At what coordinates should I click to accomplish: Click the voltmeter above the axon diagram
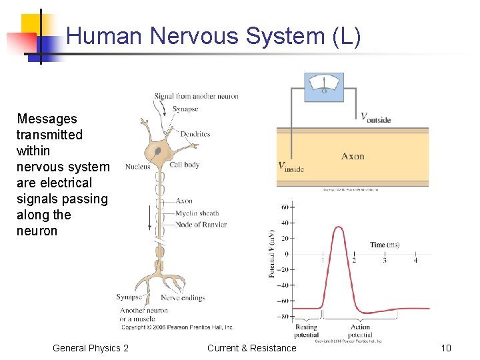click(324, 86)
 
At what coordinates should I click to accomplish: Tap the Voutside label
click(375, 118)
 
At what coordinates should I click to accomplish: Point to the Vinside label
click(291, 167)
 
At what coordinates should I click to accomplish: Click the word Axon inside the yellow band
click(353, 156)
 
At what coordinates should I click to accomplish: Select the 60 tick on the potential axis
click(285, 207)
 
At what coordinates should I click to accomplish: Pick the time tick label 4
click(415, 260)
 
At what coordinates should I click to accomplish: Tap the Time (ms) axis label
click(385, 245)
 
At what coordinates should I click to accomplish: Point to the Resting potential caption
click(306, 331)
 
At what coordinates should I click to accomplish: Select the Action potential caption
click(360, 331)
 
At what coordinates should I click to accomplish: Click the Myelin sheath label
click(197, 213)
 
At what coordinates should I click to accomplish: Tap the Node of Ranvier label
click(201, 225)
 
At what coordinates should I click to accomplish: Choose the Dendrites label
click(195, 134)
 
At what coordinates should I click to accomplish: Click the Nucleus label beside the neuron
click(137, 167)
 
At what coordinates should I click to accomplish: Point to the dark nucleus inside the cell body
click(158, 152)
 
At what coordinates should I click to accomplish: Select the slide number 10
click(446, 348)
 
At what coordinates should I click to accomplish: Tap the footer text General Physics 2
click(91, 348)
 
